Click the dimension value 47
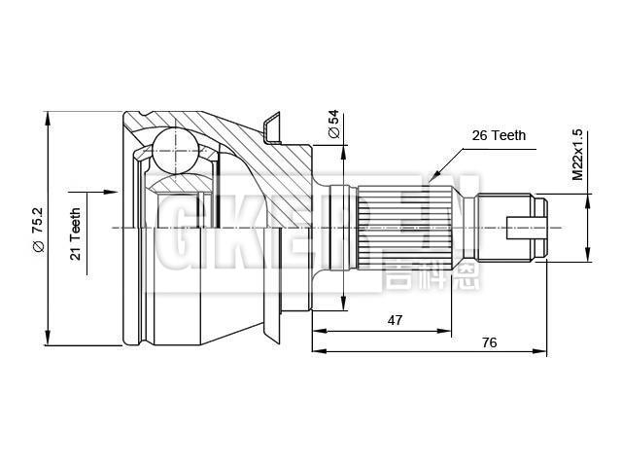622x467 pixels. point(395,319)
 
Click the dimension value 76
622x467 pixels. point(489,341)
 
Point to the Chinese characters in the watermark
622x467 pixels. point(418,273)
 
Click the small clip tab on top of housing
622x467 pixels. point(271,126)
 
